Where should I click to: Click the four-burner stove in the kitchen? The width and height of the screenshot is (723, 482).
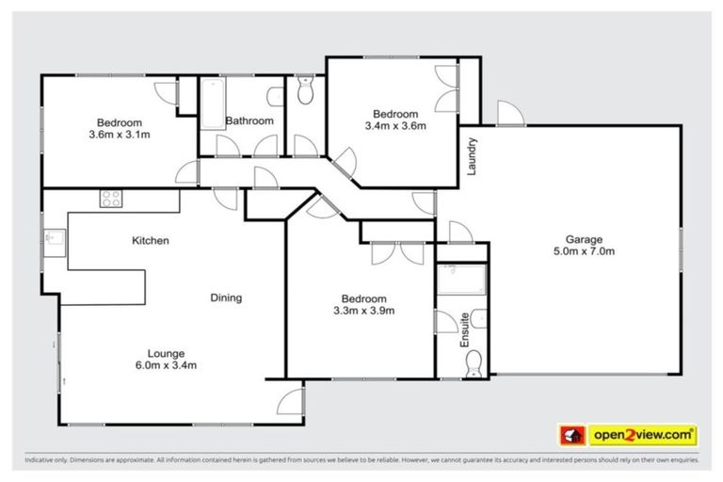point(111,199)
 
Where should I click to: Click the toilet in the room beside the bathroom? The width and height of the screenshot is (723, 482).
point(303,91)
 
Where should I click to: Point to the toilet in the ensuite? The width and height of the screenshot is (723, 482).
point(474,361)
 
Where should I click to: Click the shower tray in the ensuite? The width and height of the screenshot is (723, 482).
point(462,280)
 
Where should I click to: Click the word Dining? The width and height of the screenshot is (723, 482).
point(226,298)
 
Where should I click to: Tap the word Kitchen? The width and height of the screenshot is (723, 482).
point(150,241)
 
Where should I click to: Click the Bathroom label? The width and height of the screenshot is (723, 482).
point(249,121)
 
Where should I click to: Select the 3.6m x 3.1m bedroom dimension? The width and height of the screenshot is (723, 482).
point(120,135)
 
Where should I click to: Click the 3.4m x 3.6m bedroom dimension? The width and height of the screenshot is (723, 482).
point(395,124)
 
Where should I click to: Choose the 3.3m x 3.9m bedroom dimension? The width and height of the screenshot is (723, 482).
point(363,311)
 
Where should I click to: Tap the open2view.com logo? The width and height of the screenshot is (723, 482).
point(643,435)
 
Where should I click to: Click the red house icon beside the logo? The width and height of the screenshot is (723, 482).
point(570,435)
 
